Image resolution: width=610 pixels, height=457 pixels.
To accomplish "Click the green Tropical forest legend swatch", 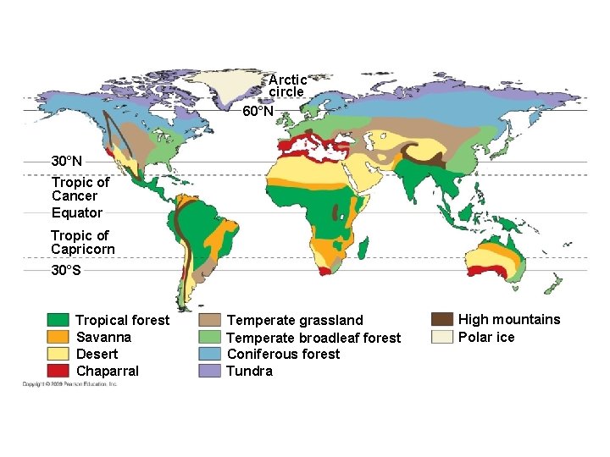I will [x=58, y=320].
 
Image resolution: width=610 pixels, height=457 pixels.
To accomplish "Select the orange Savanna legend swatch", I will [x=58, y=337].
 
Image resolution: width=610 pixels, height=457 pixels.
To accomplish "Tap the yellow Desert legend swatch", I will [x=58, y=354].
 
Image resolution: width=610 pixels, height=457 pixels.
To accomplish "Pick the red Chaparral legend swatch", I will [x=58, y=371].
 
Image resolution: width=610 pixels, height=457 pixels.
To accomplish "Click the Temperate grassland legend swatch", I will [x=210, y=320].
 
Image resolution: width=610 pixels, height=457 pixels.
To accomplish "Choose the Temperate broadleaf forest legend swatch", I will [x=210, y=337].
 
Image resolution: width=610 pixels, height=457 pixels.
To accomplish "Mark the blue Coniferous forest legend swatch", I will [x=210, y=354].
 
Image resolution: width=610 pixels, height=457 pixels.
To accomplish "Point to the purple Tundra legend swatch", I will [x=210, y=371].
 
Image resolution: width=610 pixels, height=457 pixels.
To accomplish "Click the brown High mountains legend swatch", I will [x=441, y=319].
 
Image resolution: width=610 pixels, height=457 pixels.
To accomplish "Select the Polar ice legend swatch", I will [x=441, y=337].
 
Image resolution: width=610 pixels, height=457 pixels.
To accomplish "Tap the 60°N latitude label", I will [x=258, y=112].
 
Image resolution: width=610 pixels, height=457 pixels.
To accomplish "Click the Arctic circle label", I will [x=287, y=85].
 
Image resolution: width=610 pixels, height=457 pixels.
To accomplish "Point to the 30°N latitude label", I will [x=67, y=161].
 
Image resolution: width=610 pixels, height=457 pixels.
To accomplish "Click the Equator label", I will [x=76, y=212].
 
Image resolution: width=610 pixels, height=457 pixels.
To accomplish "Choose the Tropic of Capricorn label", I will [x=82, y=242].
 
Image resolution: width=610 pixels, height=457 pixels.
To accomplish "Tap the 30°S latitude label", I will [x=66, y=271].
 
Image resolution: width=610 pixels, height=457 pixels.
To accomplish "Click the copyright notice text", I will [x=70, y=384].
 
